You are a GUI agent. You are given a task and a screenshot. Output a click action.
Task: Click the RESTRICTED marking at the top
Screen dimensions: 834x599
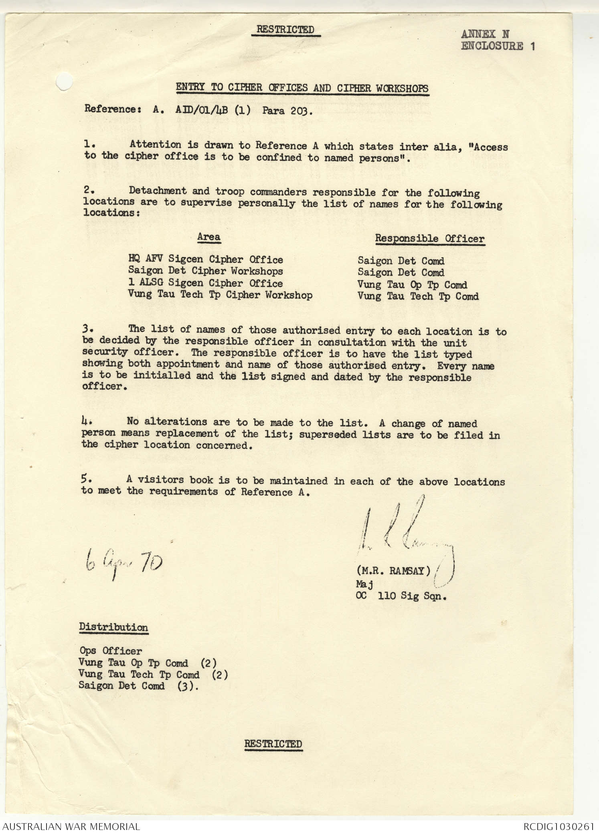(285, 30)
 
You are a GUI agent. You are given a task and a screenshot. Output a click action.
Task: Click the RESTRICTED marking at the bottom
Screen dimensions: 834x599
(273, 744)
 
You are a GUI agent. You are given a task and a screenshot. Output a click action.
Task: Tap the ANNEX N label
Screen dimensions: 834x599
(485, 34)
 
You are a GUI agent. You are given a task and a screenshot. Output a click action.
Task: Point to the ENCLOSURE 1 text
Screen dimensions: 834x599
(498, 46)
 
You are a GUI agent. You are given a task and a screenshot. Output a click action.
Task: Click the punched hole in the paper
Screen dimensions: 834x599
(64, 82)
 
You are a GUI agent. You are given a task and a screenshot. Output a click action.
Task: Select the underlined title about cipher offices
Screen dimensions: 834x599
(302, 88)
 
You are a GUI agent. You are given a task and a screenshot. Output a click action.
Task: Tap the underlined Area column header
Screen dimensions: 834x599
(208, 237)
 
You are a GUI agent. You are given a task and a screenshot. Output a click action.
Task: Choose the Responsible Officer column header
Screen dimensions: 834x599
(429, 239)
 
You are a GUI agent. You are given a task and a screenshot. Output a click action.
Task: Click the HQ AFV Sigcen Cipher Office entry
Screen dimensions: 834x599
(206, 260)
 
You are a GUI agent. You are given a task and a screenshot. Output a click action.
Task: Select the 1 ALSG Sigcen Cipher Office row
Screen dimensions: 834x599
(205, 283)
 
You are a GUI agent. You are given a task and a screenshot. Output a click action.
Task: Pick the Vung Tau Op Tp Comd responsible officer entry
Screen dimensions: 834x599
(412, 285)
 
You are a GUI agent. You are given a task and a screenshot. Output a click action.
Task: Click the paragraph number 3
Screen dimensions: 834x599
(87, 329)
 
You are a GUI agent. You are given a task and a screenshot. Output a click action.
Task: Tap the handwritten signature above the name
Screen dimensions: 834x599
(405, 533)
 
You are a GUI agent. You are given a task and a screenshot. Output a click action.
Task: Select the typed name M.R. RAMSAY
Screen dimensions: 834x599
(393, 570)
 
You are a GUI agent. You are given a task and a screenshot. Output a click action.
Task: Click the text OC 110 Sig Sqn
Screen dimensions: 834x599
(401, 596)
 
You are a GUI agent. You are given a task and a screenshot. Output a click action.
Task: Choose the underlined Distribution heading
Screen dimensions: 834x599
(113, 627)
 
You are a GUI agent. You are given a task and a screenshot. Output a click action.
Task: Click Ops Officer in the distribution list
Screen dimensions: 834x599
(110, 651)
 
